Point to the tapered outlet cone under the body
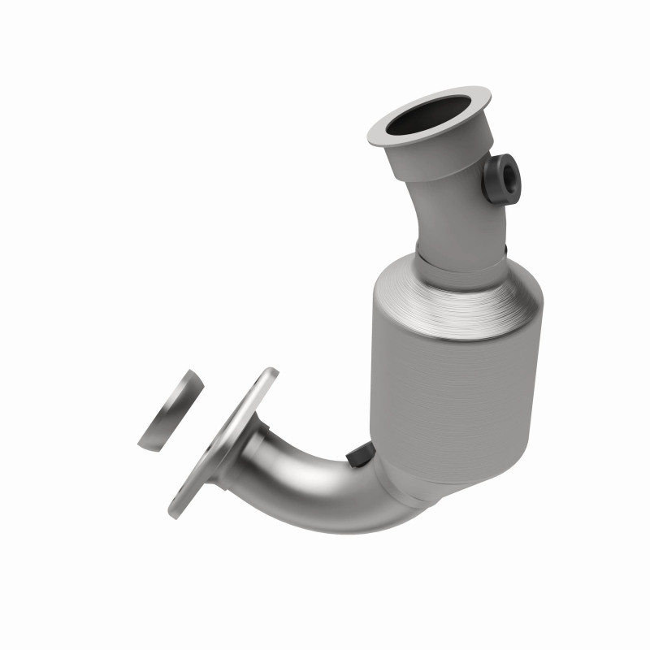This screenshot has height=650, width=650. [x=422, y=479]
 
